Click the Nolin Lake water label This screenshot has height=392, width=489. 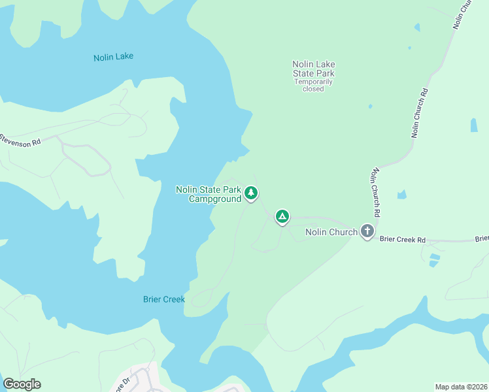coord(113,57)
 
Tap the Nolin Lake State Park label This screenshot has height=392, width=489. coord(313,69)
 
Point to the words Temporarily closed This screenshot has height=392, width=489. coord(313,85)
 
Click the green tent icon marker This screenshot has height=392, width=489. coord(282,216)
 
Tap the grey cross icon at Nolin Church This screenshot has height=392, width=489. coord(367,231)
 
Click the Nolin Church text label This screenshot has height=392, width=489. coord(331,232)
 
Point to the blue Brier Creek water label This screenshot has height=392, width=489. coord(164,300)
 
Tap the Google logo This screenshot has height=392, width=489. coord(22,384)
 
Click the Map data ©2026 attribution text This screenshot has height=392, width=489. coord(461,387)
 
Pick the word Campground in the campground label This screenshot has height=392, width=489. coord(215,199)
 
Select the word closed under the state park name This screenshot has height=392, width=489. coord(313,89)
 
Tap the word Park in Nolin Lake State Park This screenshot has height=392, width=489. coord(323,73)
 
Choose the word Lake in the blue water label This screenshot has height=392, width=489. coord(124,57)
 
